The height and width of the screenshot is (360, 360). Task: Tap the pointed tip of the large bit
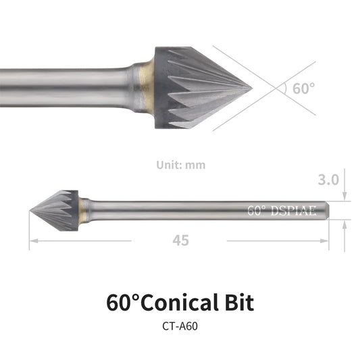[251, 86]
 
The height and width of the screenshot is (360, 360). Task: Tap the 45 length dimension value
[180, 240]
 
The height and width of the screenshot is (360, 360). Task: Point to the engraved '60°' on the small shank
[258, 210]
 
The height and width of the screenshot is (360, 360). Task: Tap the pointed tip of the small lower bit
[31, 211]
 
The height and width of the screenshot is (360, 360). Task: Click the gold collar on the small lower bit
[82, 210]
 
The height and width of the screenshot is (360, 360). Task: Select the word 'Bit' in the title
[236, 302]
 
